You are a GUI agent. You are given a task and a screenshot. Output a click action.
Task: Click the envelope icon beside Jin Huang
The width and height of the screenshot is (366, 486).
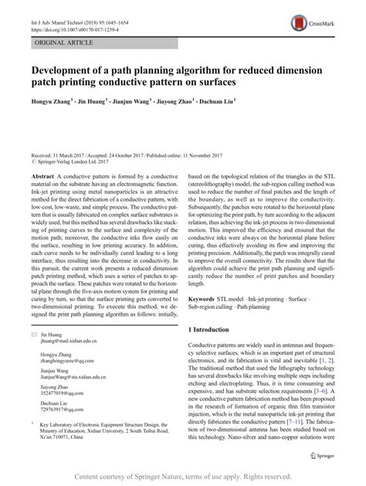(x=35, y=355)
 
